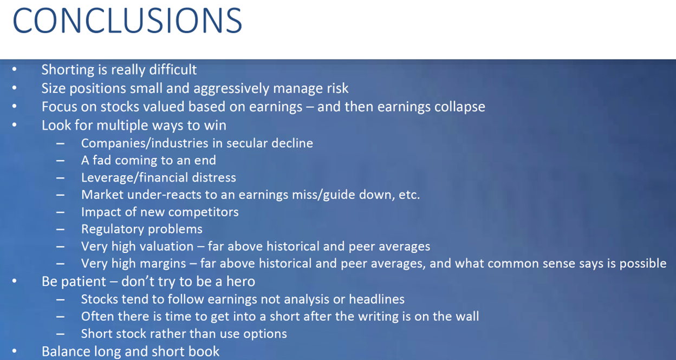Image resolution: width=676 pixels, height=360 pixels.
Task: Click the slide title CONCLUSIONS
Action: (x=127, y=21)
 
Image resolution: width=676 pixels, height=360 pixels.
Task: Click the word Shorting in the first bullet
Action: (x=68, y=70)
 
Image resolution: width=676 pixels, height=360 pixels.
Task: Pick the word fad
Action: (x=102, y=160)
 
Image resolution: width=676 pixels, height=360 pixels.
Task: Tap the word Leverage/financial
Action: (x=134, y=178)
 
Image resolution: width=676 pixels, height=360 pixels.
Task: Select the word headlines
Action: (x=376, y=299)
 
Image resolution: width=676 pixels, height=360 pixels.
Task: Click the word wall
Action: (x=467, y=316)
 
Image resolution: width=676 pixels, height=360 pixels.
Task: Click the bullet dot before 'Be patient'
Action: (x=14, y=282)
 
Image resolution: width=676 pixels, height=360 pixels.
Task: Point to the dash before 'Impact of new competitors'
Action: (x=60, y=212)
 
